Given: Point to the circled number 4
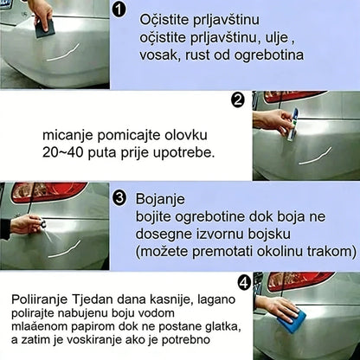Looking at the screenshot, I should [x=242, y=280].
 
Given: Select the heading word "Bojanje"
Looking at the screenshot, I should [x=158, y=199].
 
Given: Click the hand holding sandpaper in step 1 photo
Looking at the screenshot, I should [x=40, y=12].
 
